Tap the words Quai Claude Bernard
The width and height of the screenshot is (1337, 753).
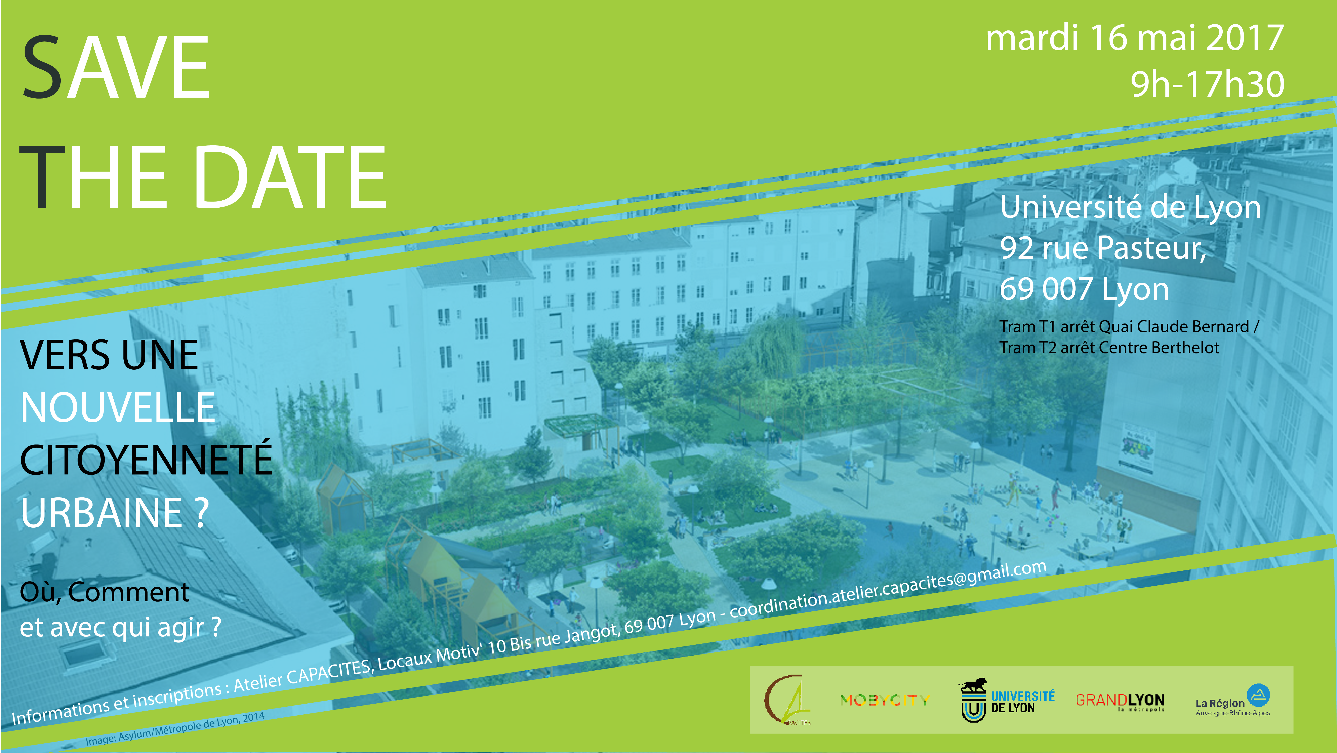tap(1174, 327)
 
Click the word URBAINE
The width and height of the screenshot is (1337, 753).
tap(102, 512)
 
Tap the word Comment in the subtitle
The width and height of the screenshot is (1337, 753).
tap(129, 592)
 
